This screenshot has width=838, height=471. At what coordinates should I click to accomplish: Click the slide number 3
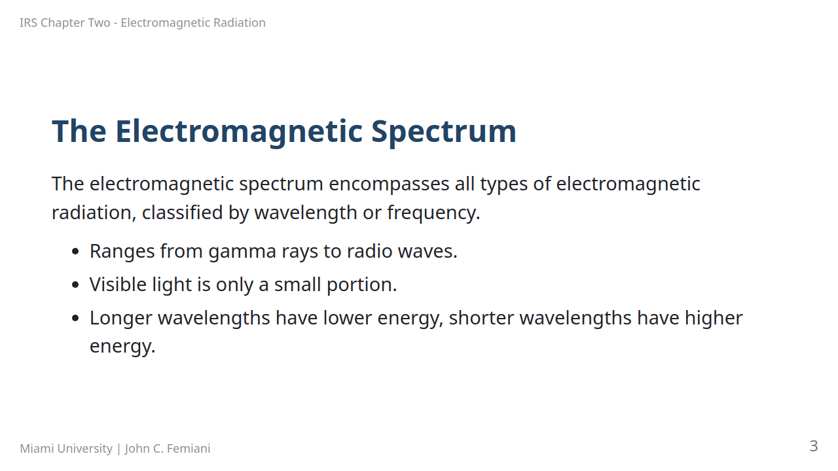pyautogui.click(x=813, y=446)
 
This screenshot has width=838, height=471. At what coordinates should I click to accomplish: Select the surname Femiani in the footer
pyautogui.click(x=189, y=448)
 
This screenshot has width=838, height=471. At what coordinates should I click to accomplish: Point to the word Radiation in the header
pyautogui.click(x=240, y=23)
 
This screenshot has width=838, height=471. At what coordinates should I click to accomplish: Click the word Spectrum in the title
pyautogui.click(x=444, y=131)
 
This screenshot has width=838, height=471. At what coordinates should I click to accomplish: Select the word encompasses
pyautogui.click(x=389, y=184)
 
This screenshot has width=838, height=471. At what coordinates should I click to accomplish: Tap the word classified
pyautogui.click(x=183, y=213)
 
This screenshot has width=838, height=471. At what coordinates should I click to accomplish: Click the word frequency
pyautogui.click(x=433, y=213)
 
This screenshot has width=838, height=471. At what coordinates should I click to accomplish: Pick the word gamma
pyautogui.click(x=242, y=252)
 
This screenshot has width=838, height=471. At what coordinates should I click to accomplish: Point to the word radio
pyautogui.click(x=370, y=251)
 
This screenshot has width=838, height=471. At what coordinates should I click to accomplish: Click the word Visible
pyautogui.click(x=118, y=284)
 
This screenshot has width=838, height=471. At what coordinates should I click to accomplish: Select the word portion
pyautogui.click(x=362, y=285)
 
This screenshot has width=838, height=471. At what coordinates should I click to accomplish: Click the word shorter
pyautogui.click(x=481, y=318)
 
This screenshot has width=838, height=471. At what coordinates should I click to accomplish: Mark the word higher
pyautogui.click(x=714, y=319)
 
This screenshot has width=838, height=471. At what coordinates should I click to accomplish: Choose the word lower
pyautogui.click(x=348, y=318)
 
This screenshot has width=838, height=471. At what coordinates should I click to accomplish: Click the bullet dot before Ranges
pyautogui.click(x=75, y=251)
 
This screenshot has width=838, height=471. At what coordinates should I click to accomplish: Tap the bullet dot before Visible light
pyautogui.click(x=75, y=285)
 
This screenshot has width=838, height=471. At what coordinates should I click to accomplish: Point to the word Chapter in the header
pyautogui.click(x=75, y=23)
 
